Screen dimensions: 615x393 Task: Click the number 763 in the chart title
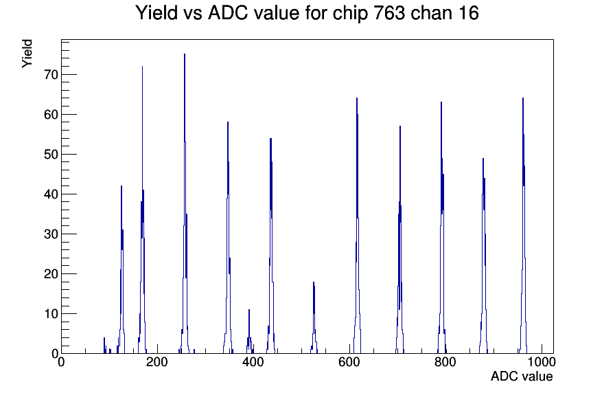tap(388, 13)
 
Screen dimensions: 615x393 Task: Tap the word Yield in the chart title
tap(156, 13)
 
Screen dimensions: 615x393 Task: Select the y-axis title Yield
tap(27, 54)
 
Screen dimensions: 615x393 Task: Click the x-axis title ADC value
tap(522, 376)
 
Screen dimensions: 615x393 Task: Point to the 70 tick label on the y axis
tap(51, 75)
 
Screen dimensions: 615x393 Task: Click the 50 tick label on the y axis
tap(51, 155)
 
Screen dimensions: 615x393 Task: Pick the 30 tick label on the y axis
tap(51, 234)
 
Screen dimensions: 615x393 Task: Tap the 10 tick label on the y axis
tap(51, 314)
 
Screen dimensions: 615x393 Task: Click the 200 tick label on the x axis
tap(157, 361)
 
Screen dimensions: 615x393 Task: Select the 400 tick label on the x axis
tap(253, 361)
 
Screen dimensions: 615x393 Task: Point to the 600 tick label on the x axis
tap(349, 361)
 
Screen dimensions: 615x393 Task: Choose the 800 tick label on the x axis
tap(445, 361)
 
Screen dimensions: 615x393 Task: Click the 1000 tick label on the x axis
tap(542, 361)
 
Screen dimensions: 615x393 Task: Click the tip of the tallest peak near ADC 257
tap(185, 54)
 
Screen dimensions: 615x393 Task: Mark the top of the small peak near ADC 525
tap(314, 282)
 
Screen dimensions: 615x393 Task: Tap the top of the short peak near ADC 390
tap(248, 309)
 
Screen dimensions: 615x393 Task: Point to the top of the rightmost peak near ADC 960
tap(523, 98)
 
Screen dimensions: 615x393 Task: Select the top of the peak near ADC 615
tap(356, 98)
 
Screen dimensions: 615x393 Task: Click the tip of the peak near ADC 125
tap(121, 186)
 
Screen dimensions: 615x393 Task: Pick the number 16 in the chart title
tap(468, 13)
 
